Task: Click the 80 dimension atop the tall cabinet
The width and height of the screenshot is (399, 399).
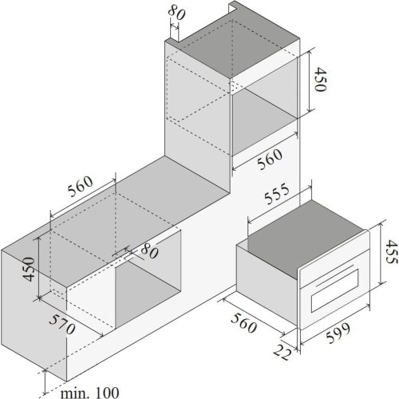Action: click(176, 13)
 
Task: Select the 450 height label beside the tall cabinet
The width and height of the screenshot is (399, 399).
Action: click(320, 80)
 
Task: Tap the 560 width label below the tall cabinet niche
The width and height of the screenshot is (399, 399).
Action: click(270, 159)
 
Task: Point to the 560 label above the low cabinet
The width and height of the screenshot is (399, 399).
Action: click(81, 186)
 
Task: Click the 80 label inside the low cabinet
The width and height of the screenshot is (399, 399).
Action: click(149, 251)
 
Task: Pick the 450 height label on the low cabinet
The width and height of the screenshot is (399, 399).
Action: click(29, 269)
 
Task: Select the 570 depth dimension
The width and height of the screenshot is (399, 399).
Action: click(62, 324)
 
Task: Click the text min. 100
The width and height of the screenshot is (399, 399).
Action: click(89, 393)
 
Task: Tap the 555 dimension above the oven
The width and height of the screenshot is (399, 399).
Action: click(277, 193)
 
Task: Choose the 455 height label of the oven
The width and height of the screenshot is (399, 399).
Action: click(392, 251)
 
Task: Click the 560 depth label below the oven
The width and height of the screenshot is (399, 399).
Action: click(243, 323)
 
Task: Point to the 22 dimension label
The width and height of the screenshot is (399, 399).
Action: click(282, 352)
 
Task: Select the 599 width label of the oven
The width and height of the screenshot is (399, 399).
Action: click(338, 333)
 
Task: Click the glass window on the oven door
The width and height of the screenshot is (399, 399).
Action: click(335, 290)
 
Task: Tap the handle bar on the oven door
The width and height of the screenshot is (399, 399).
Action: click(335, 275)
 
